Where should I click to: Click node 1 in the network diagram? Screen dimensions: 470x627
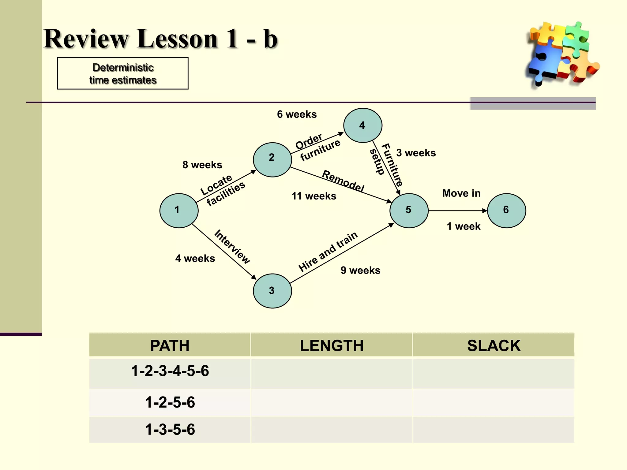(179, 211)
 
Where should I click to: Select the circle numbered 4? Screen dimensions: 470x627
(362, 125)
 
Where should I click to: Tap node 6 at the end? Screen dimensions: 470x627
(506, 211)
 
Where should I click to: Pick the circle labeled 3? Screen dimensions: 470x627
(272, 291)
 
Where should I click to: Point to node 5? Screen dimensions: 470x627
(409, 211)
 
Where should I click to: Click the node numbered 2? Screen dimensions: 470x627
(272, 160)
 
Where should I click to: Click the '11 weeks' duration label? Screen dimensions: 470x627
(314, 196)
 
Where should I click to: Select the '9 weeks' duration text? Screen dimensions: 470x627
(360, 270)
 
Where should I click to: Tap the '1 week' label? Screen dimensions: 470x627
(464, 226)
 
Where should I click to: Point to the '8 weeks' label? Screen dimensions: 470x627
(202, 165)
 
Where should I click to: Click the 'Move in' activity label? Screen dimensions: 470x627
(461, 193)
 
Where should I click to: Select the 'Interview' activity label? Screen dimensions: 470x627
(232, 247)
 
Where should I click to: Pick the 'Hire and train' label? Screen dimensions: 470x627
(328, 252)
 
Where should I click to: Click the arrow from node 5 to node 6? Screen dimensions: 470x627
(457, 211)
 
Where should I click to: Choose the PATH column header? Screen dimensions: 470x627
(170, 346)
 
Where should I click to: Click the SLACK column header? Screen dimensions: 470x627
(494, 346)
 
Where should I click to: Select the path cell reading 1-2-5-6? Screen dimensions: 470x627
(170, 402)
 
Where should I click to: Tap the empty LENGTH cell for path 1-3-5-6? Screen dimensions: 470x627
(332, 430)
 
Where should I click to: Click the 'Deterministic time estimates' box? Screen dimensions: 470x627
(123, 73)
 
